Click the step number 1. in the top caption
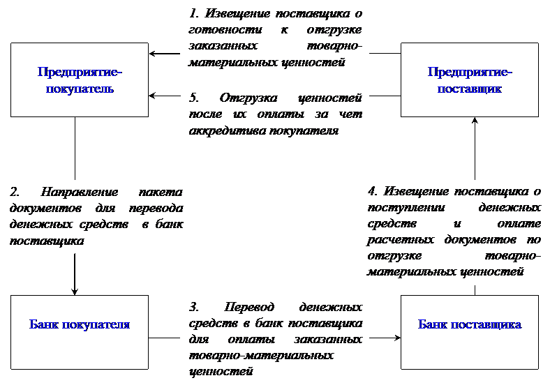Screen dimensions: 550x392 point(194,13)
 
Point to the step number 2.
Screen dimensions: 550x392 point(15,192)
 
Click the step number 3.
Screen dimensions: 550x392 point(194,307)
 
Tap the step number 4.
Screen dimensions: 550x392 point(373,191)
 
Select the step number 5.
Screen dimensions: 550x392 point(194,98)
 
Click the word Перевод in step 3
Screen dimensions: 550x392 point(249,307)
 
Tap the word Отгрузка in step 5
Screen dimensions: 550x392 point(248,98)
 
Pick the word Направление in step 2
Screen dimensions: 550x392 point(80,192)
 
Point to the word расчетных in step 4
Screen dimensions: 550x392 point(400,240)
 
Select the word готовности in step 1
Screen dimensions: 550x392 point(225,30)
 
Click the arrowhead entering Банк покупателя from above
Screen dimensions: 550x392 point(75,291)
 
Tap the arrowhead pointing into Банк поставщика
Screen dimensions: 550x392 point(397,338)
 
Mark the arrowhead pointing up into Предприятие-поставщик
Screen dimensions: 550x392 point(475,121)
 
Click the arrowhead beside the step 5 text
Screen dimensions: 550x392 point(153,96)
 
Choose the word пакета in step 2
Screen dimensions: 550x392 point(161,192)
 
